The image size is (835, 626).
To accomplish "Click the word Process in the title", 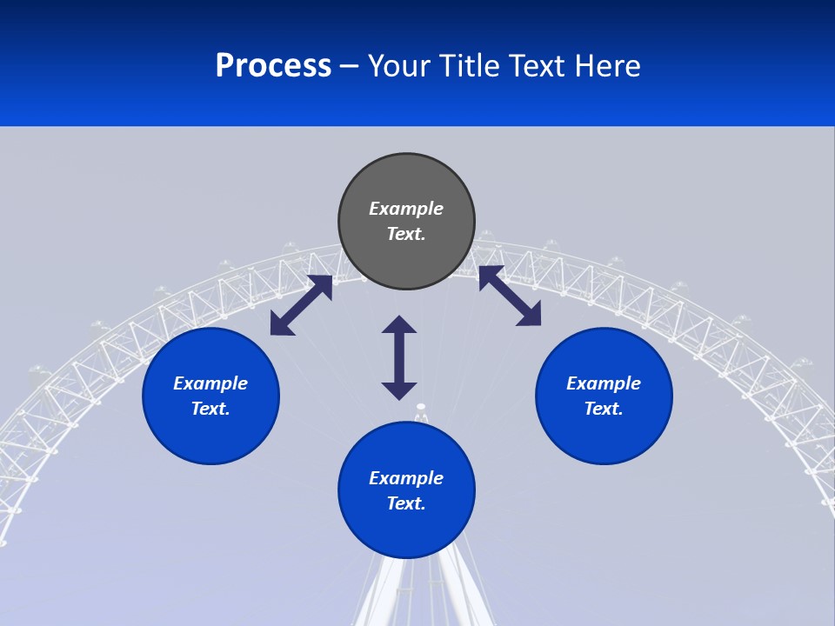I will tap(273, 66).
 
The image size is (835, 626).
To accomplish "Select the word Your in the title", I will tap(399, 66).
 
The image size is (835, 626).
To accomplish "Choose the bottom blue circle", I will tap(406, 530).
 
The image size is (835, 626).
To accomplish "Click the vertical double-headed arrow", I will tap(399, 357).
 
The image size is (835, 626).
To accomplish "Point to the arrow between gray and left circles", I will tap(301, 305).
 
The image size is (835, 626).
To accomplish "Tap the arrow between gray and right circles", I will tap(510, 296).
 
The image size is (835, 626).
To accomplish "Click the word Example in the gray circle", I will tap(406, 209).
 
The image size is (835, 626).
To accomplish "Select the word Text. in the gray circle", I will tap(406, 234).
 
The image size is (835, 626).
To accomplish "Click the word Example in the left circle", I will tap(210, 383).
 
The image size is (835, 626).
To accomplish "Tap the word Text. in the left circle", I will tap(210, 409).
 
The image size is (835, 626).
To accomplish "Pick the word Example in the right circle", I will tap(604, 383).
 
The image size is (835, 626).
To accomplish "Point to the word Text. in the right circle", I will tap(604, 409).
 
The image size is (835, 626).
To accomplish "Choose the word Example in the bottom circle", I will tap(406, 478).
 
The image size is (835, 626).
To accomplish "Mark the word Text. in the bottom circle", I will tap(406, 503).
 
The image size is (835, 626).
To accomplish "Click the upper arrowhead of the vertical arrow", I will tap(399, 324).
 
